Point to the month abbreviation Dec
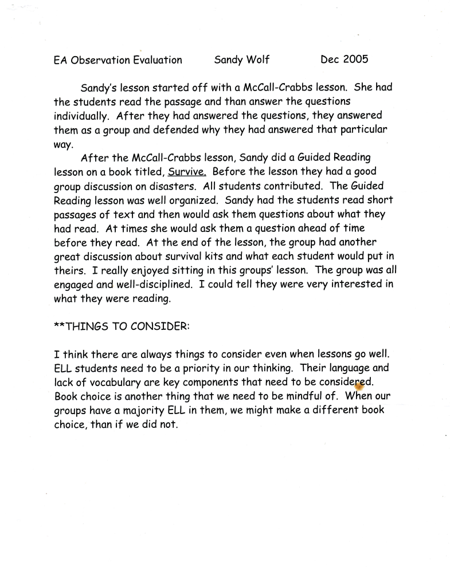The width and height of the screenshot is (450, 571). pos(330,59)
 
